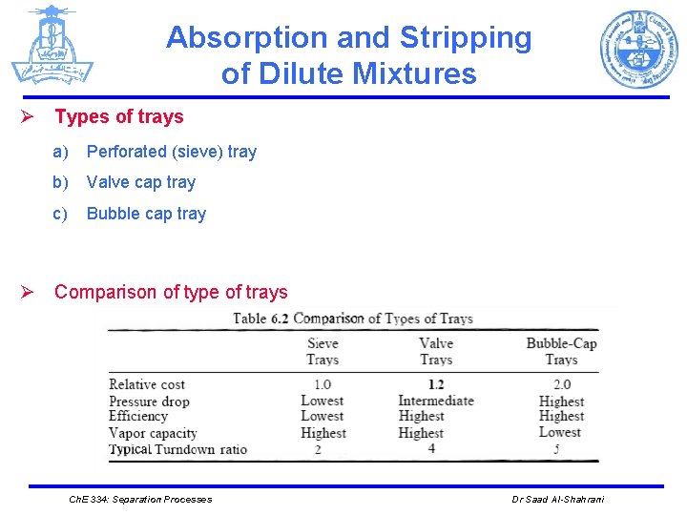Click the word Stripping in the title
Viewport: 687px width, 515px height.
(x=466, y=38)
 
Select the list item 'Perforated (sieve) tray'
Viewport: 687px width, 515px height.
(x=172, y=152)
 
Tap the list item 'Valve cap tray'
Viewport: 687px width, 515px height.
(x=141, y=182)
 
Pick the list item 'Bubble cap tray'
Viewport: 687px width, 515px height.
(x=146, y=214)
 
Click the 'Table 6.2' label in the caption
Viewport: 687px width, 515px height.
(x=261, y=319)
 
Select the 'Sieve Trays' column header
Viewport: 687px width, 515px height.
(x=323, y=352)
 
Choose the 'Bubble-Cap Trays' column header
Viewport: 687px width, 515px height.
(x=561, y=352)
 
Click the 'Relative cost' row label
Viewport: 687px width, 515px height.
(x=147, y=384)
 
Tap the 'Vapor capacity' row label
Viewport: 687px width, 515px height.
(x=153, y=433)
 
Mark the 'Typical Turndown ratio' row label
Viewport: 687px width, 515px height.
(x=177, y=449)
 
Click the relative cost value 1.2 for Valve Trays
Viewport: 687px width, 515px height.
(x=435, y=384)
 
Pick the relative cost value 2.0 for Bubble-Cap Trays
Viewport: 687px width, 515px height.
(x=561, y=384)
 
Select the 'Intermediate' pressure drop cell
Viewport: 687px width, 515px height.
(x=435, y=401)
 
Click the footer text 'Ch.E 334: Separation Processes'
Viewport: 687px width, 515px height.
(x=141, y=500)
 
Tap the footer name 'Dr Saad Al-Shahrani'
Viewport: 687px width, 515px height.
(x=557, y=500)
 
